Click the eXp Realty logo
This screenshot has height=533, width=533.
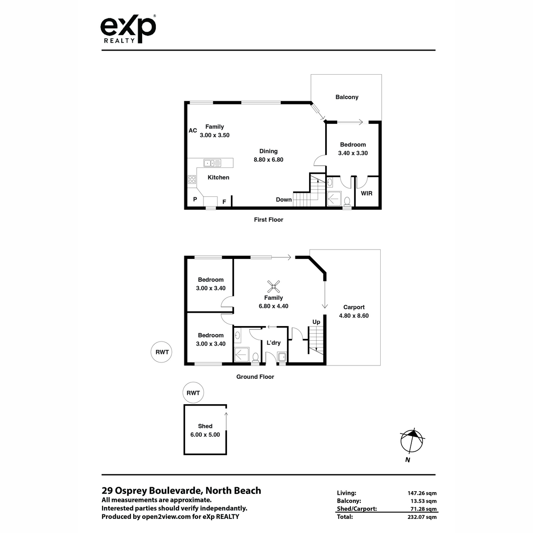[128, 29]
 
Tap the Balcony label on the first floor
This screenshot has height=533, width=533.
[346, 97]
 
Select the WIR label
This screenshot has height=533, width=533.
[366, 193]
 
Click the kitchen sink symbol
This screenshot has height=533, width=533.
[212, 163]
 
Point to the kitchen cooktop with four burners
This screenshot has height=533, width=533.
[192, 179]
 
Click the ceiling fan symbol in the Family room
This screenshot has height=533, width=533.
[273, 286]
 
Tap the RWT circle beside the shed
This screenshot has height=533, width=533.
[193, 393]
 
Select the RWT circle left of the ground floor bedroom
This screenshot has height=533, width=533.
[162, 352]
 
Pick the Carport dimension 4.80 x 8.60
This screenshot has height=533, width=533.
[354, 316]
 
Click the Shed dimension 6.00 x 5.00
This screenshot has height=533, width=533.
[205, 434]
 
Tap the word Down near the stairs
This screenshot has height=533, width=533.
[283, 200]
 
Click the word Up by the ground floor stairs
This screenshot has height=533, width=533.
[316, 322]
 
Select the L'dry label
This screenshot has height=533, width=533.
[273, 343]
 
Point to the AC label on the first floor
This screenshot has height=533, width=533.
[193, 131]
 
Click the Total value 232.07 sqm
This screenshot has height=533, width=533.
[422, 517]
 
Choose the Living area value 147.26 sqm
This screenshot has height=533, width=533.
[422, 493]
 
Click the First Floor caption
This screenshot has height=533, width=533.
[269, 219]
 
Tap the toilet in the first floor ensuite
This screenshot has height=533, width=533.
[347, 201]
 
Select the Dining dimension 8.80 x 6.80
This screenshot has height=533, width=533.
[268, 159]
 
